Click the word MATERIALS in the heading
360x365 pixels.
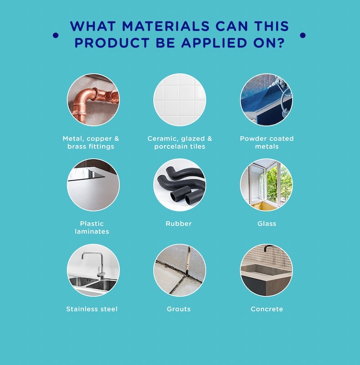coord(166,26)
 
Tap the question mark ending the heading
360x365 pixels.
coord(281,43)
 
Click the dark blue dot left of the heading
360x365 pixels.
coord(56,35)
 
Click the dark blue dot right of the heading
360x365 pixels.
coord(303,35)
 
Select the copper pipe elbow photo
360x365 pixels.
coord(93,100)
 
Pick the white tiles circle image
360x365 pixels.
coord(180,100)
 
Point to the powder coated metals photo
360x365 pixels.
coord(267,100)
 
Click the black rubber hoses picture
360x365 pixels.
coord(180,185)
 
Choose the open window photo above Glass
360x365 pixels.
coord(267,185)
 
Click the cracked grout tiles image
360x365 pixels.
coord(180,270)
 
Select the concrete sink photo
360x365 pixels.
coord(267,270)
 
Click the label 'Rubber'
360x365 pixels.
coord(179,224)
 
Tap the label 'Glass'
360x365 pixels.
coord(267,224)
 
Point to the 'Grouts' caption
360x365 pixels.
coord(179,309)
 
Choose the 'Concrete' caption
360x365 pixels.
coord(267,309)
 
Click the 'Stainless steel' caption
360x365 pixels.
coord(92,309)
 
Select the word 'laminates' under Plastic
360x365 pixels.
coord(92,232)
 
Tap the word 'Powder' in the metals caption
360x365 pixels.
coord(252,139)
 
